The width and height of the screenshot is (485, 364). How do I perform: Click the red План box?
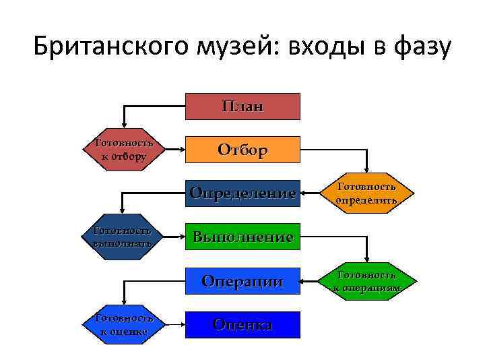point(243,106)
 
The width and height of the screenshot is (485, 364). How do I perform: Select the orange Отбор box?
point(243,149)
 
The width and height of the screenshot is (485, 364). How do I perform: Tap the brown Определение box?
point(243,193)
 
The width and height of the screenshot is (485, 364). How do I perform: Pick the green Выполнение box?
point(243,237)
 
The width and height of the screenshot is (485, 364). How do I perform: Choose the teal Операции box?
point(243,281)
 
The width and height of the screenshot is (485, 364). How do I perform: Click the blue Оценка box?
point(243,324)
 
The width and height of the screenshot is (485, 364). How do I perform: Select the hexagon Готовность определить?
point(366,193)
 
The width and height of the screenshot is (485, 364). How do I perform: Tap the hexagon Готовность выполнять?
point(123,237)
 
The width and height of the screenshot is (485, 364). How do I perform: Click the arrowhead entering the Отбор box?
point(181,149)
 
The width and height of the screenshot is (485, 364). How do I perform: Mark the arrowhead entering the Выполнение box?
point(181,237)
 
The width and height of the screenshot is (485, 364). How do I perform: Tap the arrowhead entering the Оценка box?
point(181,324)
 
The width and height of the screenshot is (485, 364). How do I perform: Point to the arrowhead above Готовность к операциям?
point(366,261)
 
